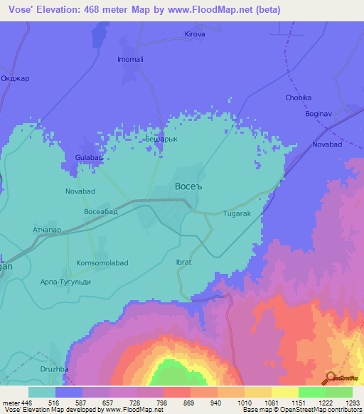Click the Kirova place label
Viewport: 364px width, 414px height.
pyautogui.click(x=195, y=33)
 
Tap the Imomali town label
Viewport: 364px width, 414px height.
pyautogui.click(x=130, y=59)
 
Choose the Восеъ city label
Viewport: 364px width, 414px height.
pyautogui.click(x=188, y=186)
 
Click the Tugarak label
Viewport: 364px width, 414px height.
pyautogui.click(x=237, y=213)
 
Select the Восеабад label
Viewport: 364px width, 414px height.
pyautogui.click(x=100, y=212)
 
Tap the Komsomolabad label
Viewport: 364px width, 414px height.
pyautogui.click(x=102, y=262)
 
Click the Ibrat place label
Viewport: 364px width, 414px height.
pyautogui.click(x=183, y=262)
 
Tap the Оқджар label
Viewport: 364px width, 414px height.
pyautogui.click(x=15, y=78)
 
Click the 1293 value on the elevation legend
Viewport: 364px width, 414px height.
pyautogui.click(x=353, y=402)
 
